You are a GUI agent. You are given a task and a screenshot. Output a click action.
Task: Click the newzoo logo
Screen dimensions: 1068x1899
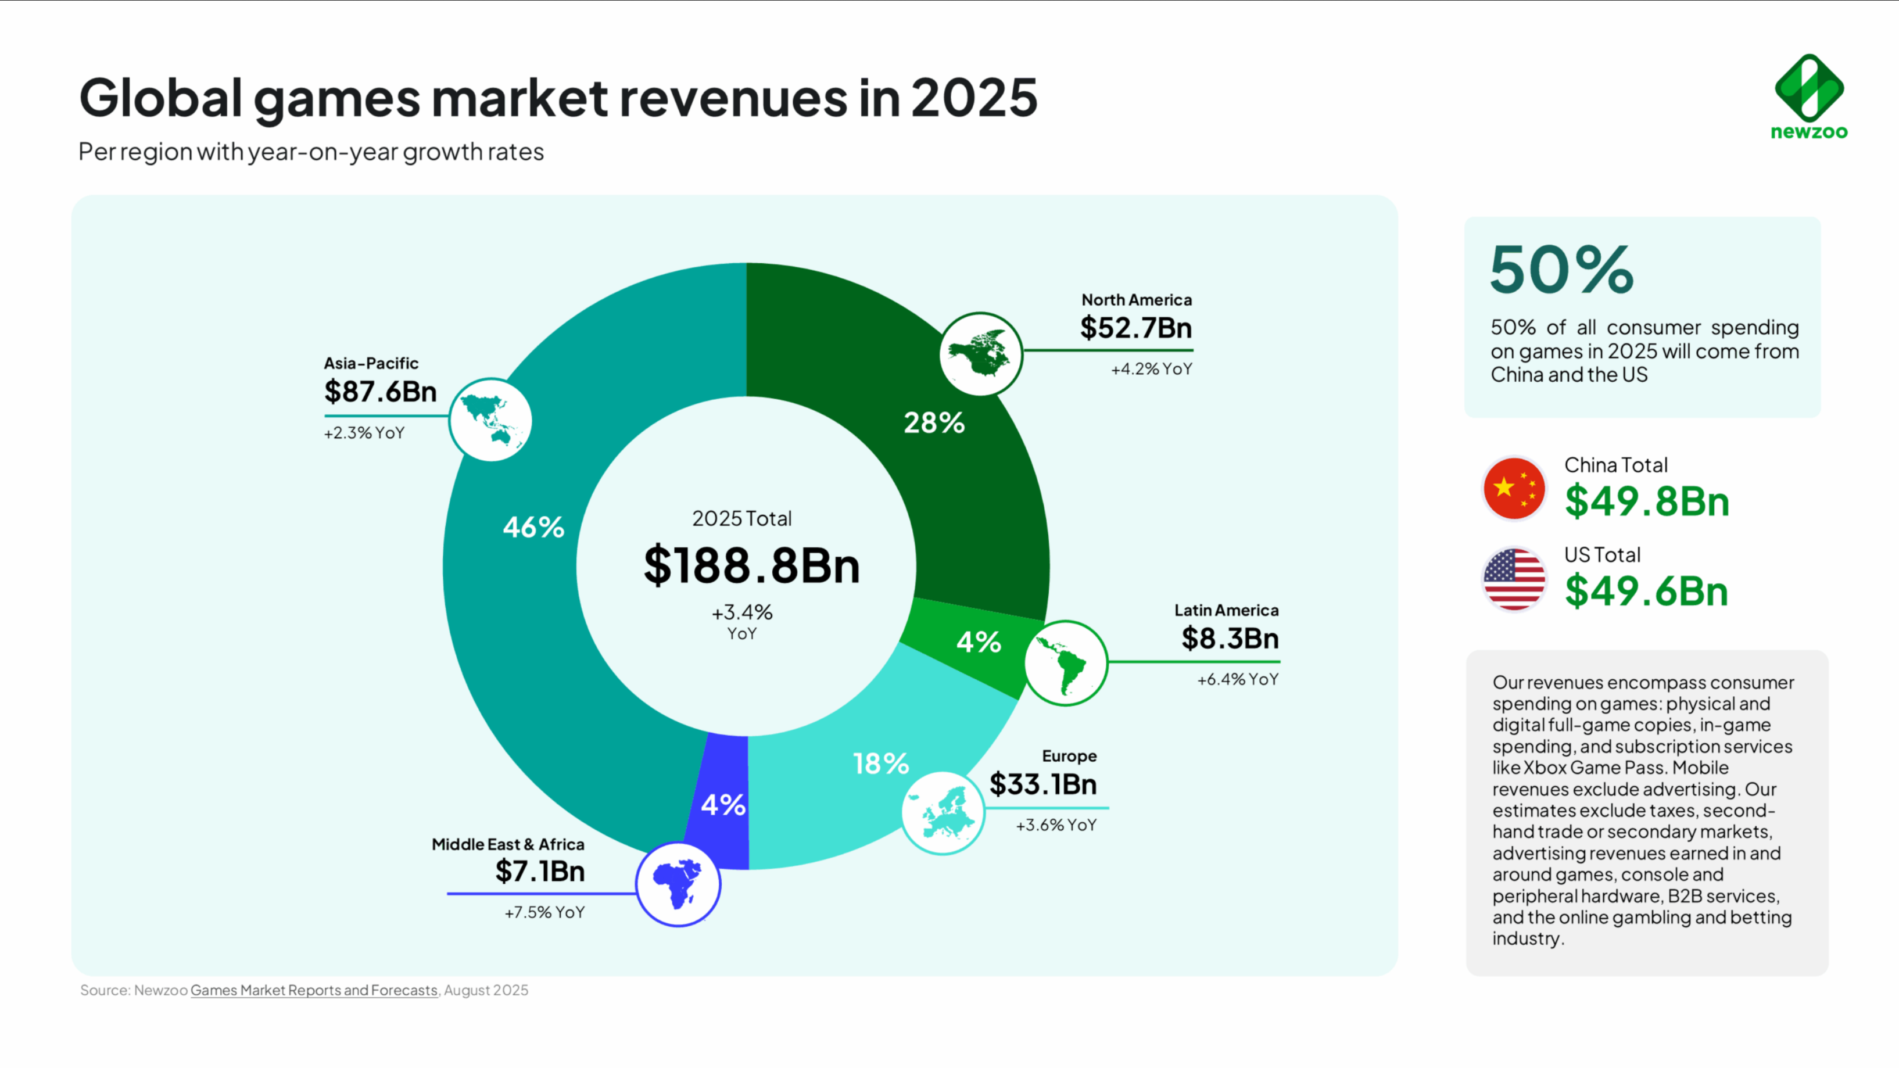pyautogui.click(x=1809, y=96)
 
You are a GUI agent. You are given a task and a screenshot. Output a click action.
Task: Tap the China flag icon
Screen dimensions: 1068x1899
pyautogui.click(x=1514, y=489)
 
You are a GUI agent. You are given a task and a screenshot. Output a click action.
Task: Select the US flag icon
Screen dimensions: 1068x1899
pyautogui.click(x=1514, y=579)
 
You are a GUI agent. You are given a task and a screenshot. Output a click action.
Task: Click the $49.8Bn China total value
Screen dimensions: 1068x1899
pyautogui.click(x=1647, y=501)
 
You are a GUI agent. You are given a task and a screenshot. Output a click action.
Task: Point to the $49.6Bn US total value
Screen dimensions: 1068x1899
pyautogui.click(x=1646, y=591)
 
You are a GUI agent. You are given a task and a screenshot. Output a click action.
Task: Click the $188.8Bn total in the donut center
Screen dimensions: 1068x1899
pyautogui.click(x=751, y=566)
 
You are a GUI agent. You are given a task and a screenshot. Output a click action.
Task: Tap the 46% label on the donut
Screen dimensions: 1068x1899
pyautogui.click(x=533, y=527)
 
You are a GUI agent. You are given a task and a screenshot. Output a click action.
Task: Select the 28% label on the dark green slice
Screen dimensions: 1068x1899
pyautogui.click(x=934, y=422)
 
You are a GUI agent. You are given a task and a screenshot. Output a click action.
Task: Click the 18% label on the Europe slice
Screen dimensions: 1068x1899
pyautogui.click(x=881, y=764)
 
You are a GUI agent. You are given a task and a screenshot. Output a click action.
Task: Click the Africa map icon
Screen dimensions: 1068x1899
pyautogui.click(x=678, y=884)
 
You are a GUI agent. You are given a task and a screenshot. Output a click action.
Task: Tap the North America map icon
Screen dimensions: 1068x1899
pyautogui.click(x=980, y=354)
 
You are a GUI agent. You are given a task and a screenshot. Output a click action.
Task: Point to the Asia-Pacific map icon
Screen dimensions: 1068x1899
pyautogui.click(x=490, y=420)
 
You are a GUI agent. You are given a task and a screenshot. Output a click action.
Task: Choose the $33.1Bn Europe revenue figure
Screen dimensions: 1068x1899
pyautogui.click(x=1043, y=784)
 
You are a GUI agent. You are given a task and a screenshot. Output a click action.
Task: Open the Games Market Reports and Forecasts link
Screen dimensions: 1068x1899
pyautogui.click(x=314, y=991)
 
